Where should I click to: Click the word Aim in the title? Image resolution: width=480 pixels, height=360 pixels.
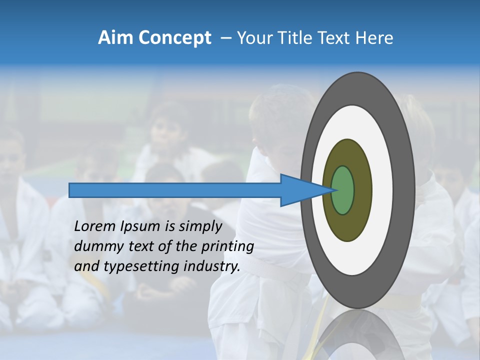click(114, 38)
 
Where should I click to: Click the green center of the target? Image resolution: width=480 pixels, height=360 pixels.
click(343, 190)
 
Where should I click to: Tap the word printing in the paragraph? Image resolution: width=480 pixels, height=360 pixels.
click(227, 247)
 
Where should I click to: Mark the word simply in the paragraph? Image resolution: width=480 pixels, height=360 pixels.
click(199, 227)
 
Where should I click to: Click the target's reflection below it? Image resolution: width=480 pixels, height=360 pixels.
click(357, 335)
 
